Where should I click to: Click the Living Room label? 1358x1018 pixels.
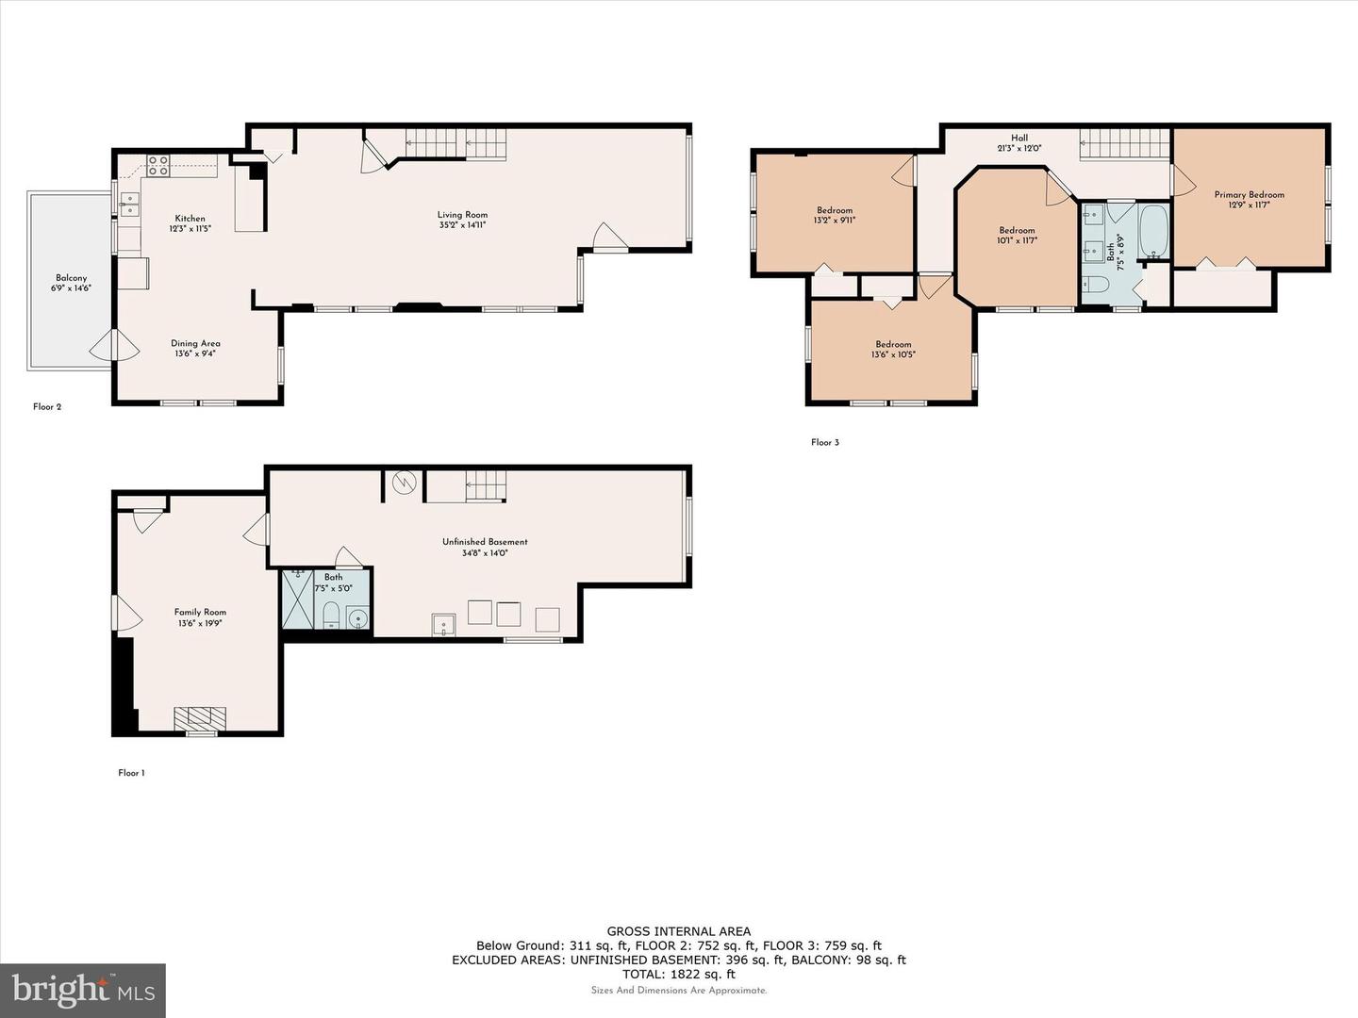click(462, 215)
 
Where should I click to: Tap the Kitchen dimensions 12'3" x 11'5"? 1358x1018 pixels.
click(190, 229)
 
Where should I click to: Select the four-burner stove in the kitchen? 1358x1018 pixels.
click(157, 166)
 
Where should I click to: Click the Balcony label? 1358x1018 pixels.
click(71, 278)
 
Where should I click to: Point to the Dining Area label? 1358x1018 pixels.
click(195, 343)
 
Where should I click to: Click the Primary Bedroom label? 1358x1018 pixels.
click(1250, 195)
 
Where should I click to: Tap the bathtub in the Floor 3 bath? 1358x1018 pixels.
click(1153, 231)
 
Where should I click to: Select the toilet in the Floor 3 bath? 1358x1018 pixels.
click(1097, 285)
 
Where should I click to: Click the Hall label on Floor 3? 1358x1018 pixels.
click(1019, 138)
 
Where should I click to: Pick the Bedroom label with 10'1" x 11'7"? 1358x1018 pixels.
click(1017, 231)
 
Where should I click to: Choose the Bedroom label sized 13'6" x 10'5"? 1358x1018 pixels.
click(893, 344)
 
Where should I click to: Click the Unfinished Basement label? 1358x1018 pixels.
click(485, 542)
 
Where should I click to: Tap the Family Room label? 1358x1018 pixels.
click(200, 612)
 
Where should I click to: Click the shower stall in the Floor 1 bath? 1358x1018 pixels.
click(298, 599)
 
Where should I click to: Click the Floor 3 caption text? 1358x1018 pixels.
click(825, 442)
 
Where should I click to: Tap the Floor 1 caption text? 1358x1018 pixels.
click(131, 773)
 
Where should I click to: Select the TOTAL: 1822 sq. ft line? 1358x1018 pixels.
click(679, 974)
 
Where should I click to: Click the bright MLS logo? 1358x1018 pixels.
click(82, 991)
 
